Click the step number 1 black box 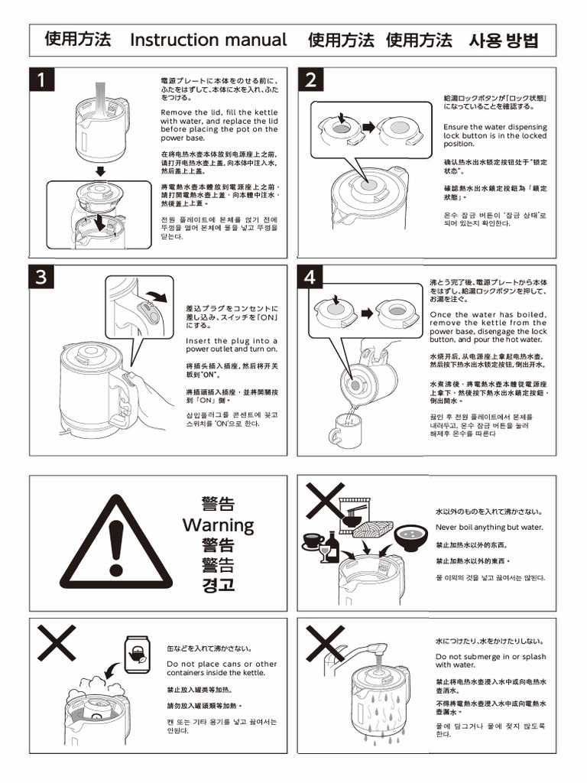tap(43, 80)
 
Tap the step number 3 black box tap(43, 278)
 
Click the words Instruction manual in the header tap(209, 40)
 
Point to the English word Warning tap(218, 525)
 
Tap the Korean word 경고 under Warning tap(218, 585)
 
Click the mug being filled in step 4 tap(344, 434)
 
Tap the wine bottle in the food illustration tap(332, 546)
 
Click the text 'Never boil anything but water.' tap(489, 528)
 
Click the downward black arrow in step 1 tap(100, 171)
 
